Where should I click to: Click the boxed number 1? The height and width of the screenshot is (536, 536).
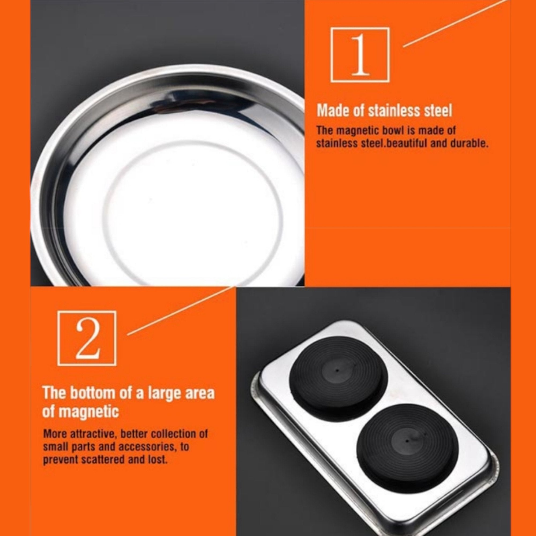click(x=360, y=55)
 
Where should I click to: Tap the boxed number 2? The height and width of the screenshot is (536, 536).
click(x=87, y=338)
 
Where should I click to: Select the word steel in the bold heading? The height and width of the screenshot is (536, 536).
click(x=437, y=110)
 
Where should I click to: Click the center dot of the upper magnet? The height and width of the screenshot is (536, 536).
click(x=337, y=370)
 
